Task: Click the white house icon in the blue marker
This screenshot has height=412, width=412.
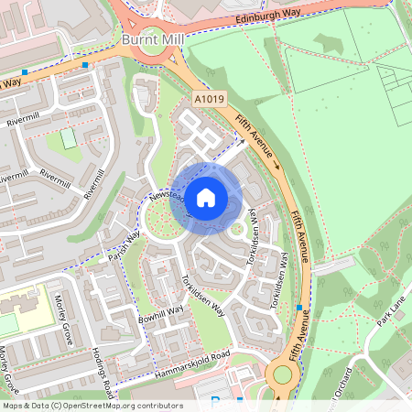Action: pos(206,197)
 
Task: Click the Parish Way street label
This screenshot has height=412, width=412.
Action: pos(125,242)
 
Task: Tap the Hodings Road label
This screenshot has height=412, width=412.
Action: pos(103,372)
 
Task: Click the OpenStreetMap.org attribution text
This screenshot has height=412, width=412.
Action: pos(124,405)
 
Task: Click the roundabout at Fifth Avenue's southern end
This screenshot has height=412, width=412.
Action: pos(282,374)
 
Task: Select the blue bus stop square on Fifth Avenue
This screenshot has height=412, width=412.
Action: pos(298,308)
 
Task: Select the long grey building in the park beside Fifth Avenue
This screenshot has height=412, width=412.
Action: pos(333,266)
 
